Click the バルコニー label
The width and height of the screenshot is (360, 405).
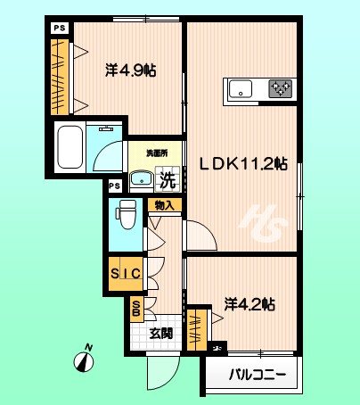(258, 376)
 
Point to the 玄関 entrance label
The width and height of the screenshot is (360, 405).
(160, 335)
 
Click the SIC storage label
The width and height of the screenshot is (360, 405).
(126, 275)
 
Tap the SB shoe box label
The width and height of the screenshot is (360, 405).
(136, 310)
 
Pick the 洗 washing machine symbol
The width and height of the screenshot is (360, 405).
(168, 178)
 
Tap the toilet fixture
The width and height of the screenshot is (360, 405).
(125, 214)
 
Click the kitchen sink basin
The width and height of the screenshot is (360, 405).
(241, 88)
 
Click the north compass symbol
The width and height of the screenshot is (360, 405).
(84, 359)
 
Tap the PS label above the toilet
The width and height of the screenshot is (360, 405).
(113, 186)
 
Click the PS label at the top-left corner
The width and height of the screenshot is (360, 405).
(59, 28)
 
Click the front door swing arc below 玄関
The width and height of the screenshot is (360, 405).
(163, 376)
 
